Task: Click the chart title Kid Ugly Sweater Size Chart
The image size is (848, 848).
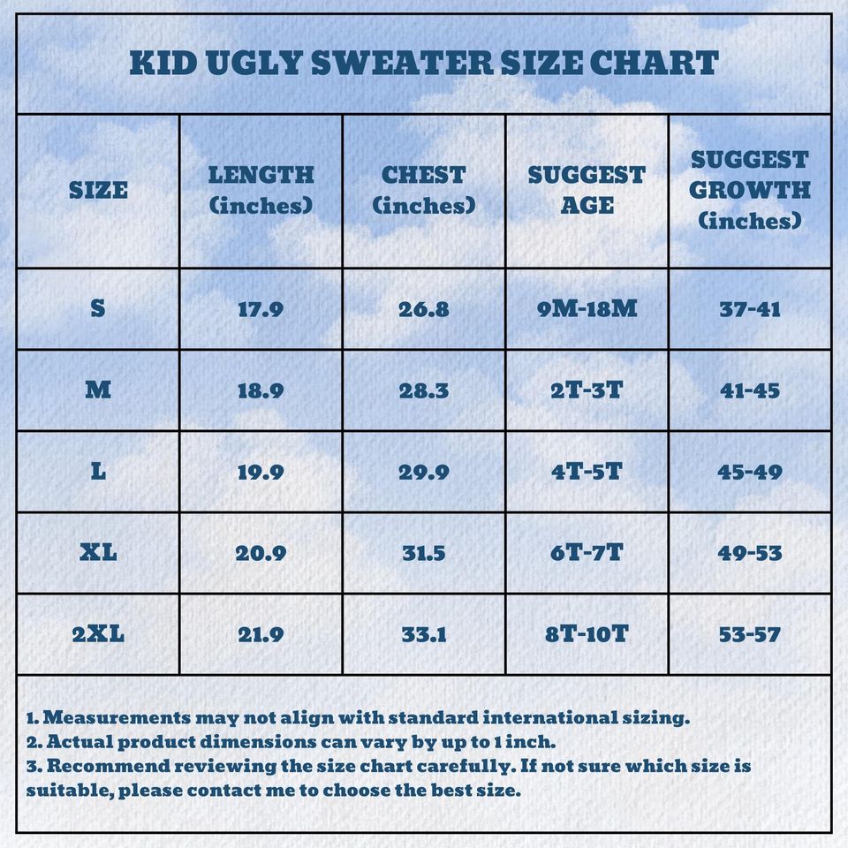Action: click(424, 64)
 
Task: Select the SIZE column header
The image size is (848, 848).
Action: click(98, 190)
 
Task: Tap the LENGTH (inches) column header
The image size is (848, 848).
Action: click(261, 190)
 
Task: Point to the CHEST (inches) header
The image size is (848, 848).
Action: click(424, 190)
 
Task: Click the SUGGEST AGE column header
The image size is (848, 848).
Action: click(587, 190)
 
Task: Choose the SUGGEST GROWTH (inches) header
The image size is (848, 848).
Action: click(750, 190)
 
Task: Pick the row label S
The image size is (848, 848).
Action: click(98, 309)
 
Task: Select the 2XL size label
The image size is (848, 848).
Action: click(98, 634)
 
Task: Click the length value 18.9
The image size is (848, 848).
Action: click(261, 390)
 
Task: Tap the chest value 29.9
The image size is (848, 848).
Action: click(424, 472)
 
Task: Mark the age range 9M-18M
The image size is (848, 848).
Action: click(587, 309)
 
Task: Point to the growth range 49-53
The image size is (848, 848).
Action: click(750, 553)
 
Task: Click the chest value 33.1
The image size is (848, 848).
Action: click(424, 634)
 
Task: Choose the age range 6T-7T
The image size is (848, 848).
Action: click(587, 553)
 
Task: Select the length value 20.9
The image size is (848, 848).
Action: click(261, 553)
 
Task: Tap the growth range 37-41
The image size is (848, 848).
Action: click(750, 309)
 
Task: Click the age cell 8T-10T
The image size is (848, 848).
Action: click(587, 634)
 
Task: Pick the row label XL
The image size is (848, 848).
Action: click(98, 553)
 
